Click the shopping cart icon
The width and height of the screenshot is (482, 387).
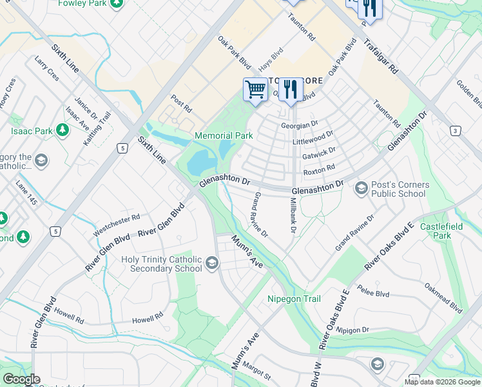[256, 90]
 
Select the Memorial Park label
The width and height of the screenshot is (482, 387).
[224, 135]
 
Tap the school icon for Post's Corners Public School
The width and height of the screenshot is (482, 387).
[361, 188]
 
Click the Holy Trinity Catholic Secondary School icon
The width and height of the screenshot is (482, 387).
[212, 263]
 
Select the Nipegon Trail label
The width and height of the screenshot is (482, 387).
[294, 299]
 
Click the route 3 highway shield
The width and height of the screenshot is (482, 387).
[456, 132]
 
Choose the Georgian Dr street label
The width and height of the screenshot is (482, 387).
[300, 124]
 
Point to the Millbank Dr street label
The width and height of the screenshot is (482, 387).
[293, 215]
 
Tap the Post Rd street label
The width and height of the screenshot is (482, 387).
[181, 103]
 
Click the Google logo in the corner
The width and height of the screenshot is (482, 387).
[21, 379]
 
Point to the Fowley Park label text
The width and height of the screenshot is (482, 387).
[81, 3]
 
